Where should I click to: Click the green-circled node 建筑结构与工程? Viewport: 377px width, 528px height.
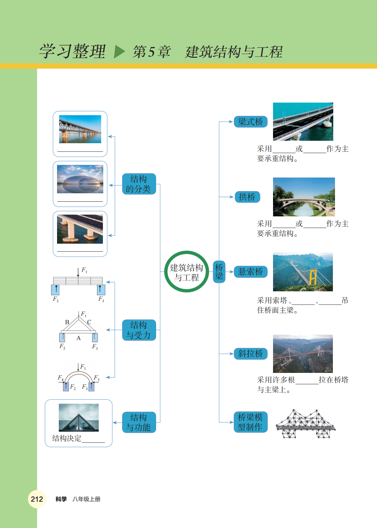(187, 272)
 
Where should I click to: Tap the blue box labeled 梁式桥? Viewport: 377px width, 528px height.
(250, 122)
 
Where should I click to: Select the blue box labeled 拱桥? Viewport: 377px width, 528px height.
(247, 197)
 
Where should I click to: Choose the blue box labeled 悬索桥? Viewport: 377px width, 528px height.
(250, 272)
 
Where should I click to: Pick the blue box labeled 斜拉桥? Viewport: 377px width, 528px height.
(250, 354)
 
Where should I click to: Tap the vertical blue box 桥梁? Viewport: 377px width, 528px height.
(219, 272)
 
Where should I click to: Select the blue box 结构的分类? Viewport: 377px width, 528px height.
(139, 184)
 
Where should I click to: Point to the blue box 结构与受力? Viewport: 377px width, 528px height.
(139, 330)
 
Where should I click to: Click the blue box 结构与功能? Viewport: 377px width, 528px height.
(139, 422)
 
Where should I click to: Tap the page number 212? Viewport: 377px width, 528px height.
(37, 499)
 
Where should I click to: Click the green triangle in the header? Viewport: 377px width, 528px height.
(119, 52)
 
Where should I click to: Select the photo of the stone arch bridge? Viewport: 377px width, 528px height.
(303, 197)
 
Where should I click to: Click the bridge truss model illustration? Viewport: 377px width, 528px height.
(305, 424)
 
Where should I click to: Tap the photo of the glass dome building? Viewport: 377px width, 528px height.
(80, 179)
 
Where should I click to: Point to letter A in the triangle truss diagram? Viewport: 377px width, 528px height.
(78, 338)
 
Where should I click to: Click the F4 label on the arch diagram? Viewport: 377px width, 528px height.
(61, 377)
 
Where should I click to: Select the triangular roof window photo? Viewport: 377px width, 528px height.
(79, 417)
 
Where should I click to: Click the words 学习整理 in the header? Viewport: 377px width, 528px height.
(72, 51)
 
